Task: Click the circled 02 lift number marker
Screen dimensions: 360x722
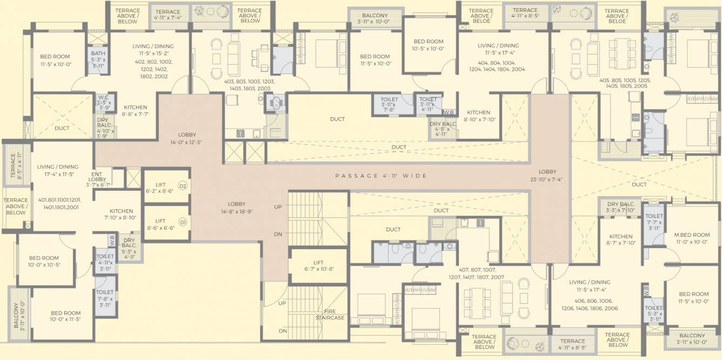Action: tap(183, 186)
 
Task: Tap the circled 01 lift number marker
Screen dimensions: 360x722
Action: tap(183, 222)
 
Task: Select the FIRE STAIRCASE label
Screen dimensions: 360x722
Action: tap(330, 314)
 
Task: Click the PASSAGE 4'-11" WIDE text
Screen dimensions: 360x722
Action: tap(381, 176)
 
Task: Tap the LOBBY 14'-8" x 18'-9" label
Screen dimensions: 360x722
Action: tap(237, 208)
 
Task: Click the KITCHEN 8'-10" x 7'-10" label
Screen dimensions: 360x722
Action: tap(478, 116)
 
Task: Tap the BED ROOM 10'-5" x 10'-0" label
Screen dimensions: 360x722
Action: tap(429, 45)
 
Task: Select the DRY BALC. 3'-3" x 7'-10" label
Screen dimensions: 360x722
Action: tap(620, 207)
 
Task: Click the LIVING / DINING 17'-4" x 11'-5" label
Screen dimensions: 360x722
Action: tap(58, 171)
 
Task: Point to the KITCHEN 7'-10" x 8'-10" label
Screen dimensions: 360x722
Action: tap(122, 214)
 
